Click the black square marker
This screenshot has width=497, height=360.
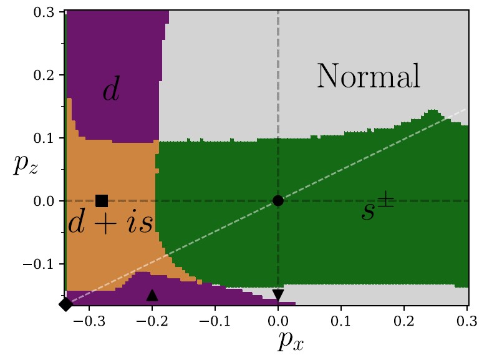[102, 200]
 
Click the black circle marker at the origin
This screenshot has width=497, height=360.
[278, 200]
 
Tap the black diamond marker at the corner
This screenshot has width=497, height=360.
[65, 304]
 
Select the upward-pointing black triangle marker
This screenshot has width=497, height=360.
[152, 295]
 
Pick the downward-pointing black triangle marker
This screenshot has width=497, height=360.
[278, 295]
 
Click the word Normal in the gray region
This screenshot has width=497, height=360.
[369, 77]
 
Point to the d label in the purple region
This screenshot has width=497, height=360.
[111, 91]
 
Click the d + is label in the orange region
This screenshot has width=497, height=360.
[110, 223]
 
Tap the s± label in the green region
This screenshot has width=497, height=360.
[377, 210]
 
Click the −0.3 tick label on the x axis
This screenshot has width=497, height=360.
[86, 321]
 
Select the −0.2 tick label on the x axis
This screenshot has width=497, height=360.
[150, 321]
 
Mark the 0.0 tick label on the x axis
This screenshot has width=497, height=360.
[278, 321]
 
